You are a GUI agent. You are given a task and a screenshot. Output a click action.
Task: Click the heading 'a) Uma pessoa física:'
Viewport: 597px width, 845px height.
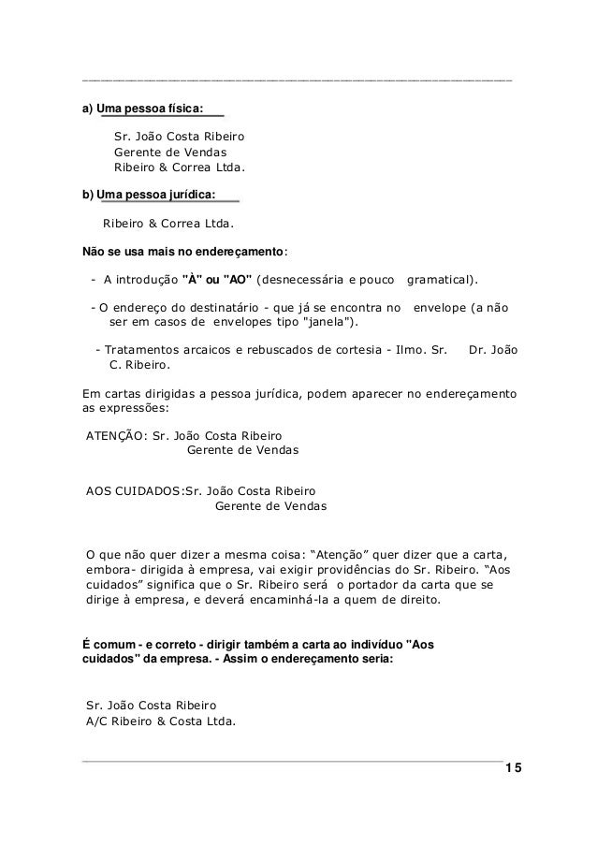coord(142,108)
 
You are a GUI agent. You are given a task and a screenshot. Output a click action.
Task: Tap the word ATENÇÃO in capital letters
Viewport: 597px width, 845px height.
coord(110,435)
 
